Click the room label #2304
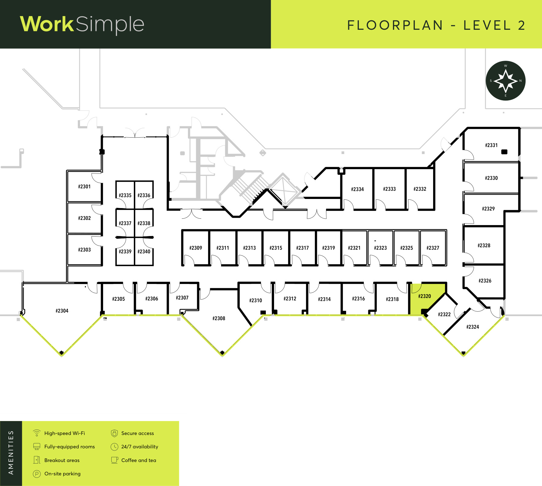tap(62, 311)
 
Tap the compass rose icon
tap(506, 81)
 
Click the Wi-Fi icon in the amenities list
tap(37, 433)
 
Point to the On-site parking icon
tap(37, 474)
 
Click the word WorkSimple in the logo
tap(82, 24)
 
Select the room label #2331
tap(491, 145)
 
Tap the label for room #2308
tap(219, 318)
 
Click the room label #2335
tap(125, 195)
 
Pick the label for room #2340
tap(144, 252)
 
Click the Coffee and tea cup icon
tap(115, 460)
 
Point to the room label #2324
tap(473, 327)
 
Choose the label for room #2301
tap(84, 187)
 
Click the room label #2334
tap(357, 189)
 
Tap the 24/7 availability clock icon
tap(114, 447)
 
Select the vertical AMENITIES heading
tap(11, 453)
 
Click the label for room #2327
tap(433, 248)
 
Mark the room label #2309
tap(196, 248)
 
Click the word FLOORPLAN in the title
tap(395, 25)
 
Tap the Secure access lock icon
tap(114, 433)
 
